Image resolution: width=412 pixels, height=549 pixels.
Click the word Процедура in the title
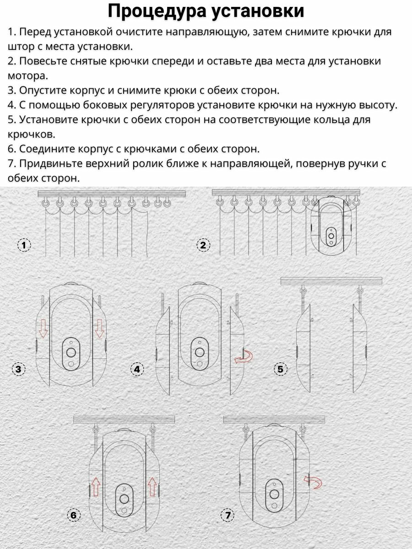[x=157, y=11]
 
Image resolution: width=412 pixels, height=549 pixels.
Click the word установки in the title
[x=258, y=11]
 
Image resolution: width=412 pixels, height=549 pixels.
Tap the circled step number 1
[x=24, y=245]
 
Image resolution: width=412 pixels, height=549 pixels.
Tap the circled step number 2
[x=203, y=245]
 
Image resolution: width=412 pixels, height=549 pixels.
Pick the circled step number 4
[x=137, y=369]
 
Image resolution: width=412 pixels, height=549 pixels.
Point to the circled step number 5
[x=281, y=369]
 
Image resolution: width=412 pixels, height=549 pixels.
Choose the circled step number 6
[x=73, y=515]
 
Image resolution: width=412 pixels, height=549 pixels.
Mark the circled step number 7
[x=228, y=515]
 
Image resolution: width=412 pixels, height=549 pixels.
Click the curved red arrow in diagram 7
[x=313, y=480]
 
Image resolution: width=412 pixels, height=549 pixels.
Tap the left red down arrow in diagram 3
[x=43, y=329]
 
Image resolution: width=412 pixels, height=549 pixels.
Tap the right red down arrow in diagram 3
[x=99, y=329]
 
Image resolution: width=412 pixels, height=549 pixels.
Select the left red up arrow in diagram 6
[x=95, y=487]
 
